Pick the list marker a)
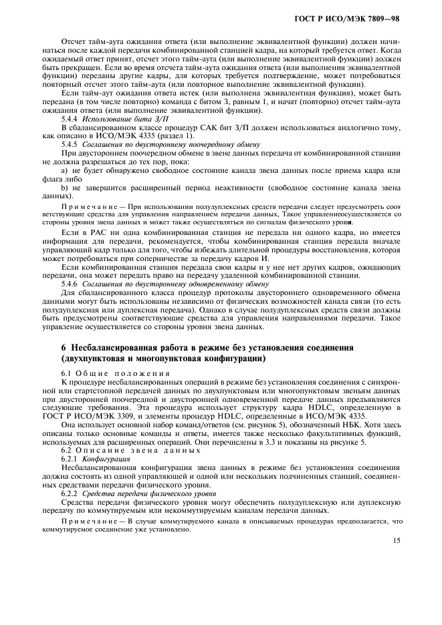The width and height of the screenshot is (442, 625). pos(65,170)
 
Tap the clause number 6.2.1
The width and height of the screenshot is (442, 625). pos(71,459)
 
